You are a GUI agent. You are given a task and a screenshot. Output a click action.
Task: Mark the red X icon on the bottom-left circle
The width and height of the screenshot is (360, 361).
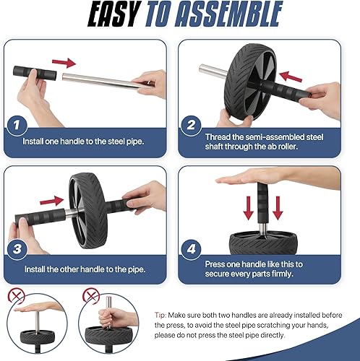16,295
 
